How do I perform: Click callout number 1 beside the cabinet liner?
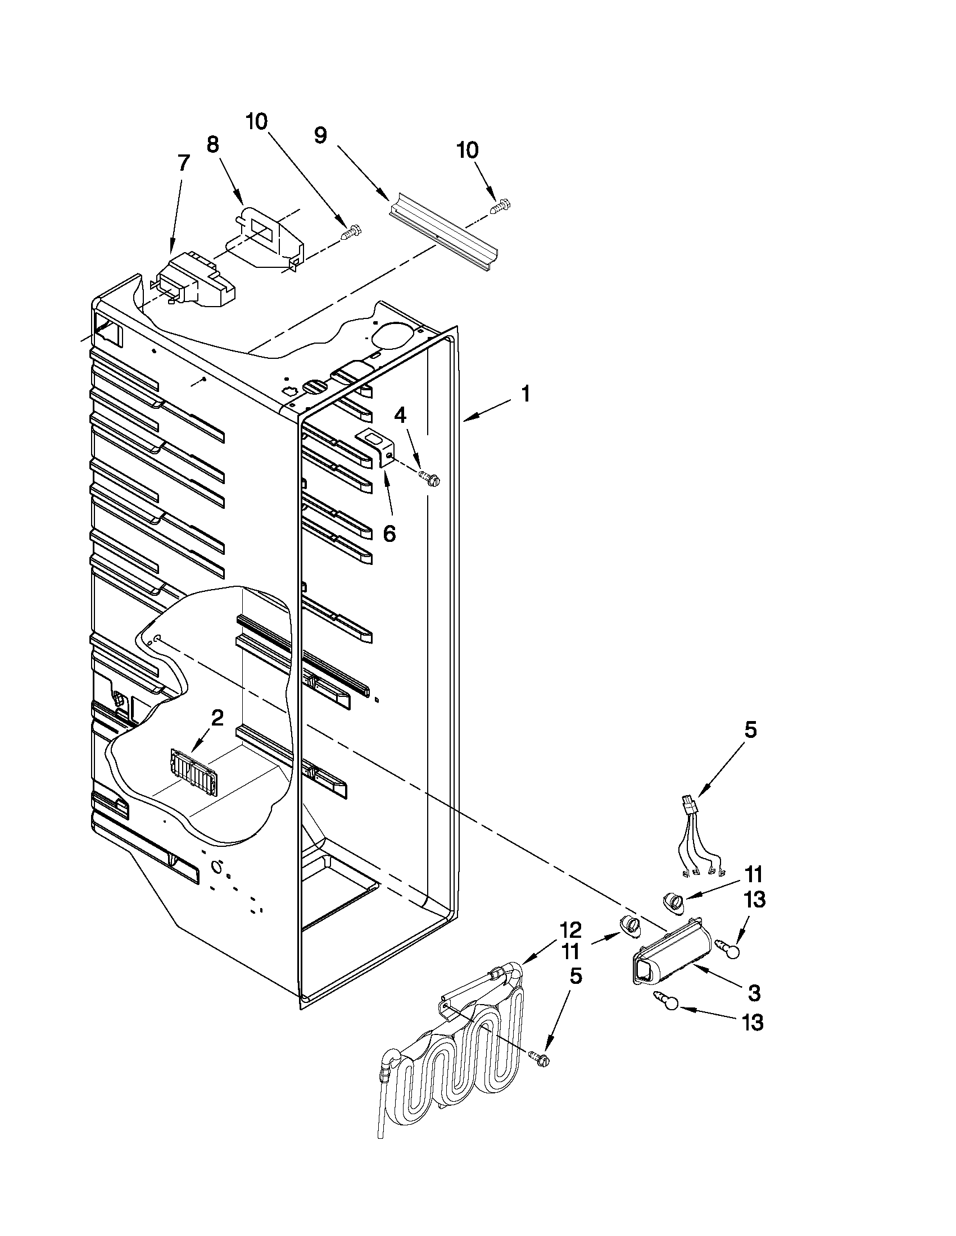click(525, 394)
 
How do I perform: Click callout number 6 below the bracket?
click(389, 533)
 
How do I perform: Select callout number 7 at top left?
click(182, 163)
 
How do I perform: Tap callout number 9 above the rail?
click(320, 135)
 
